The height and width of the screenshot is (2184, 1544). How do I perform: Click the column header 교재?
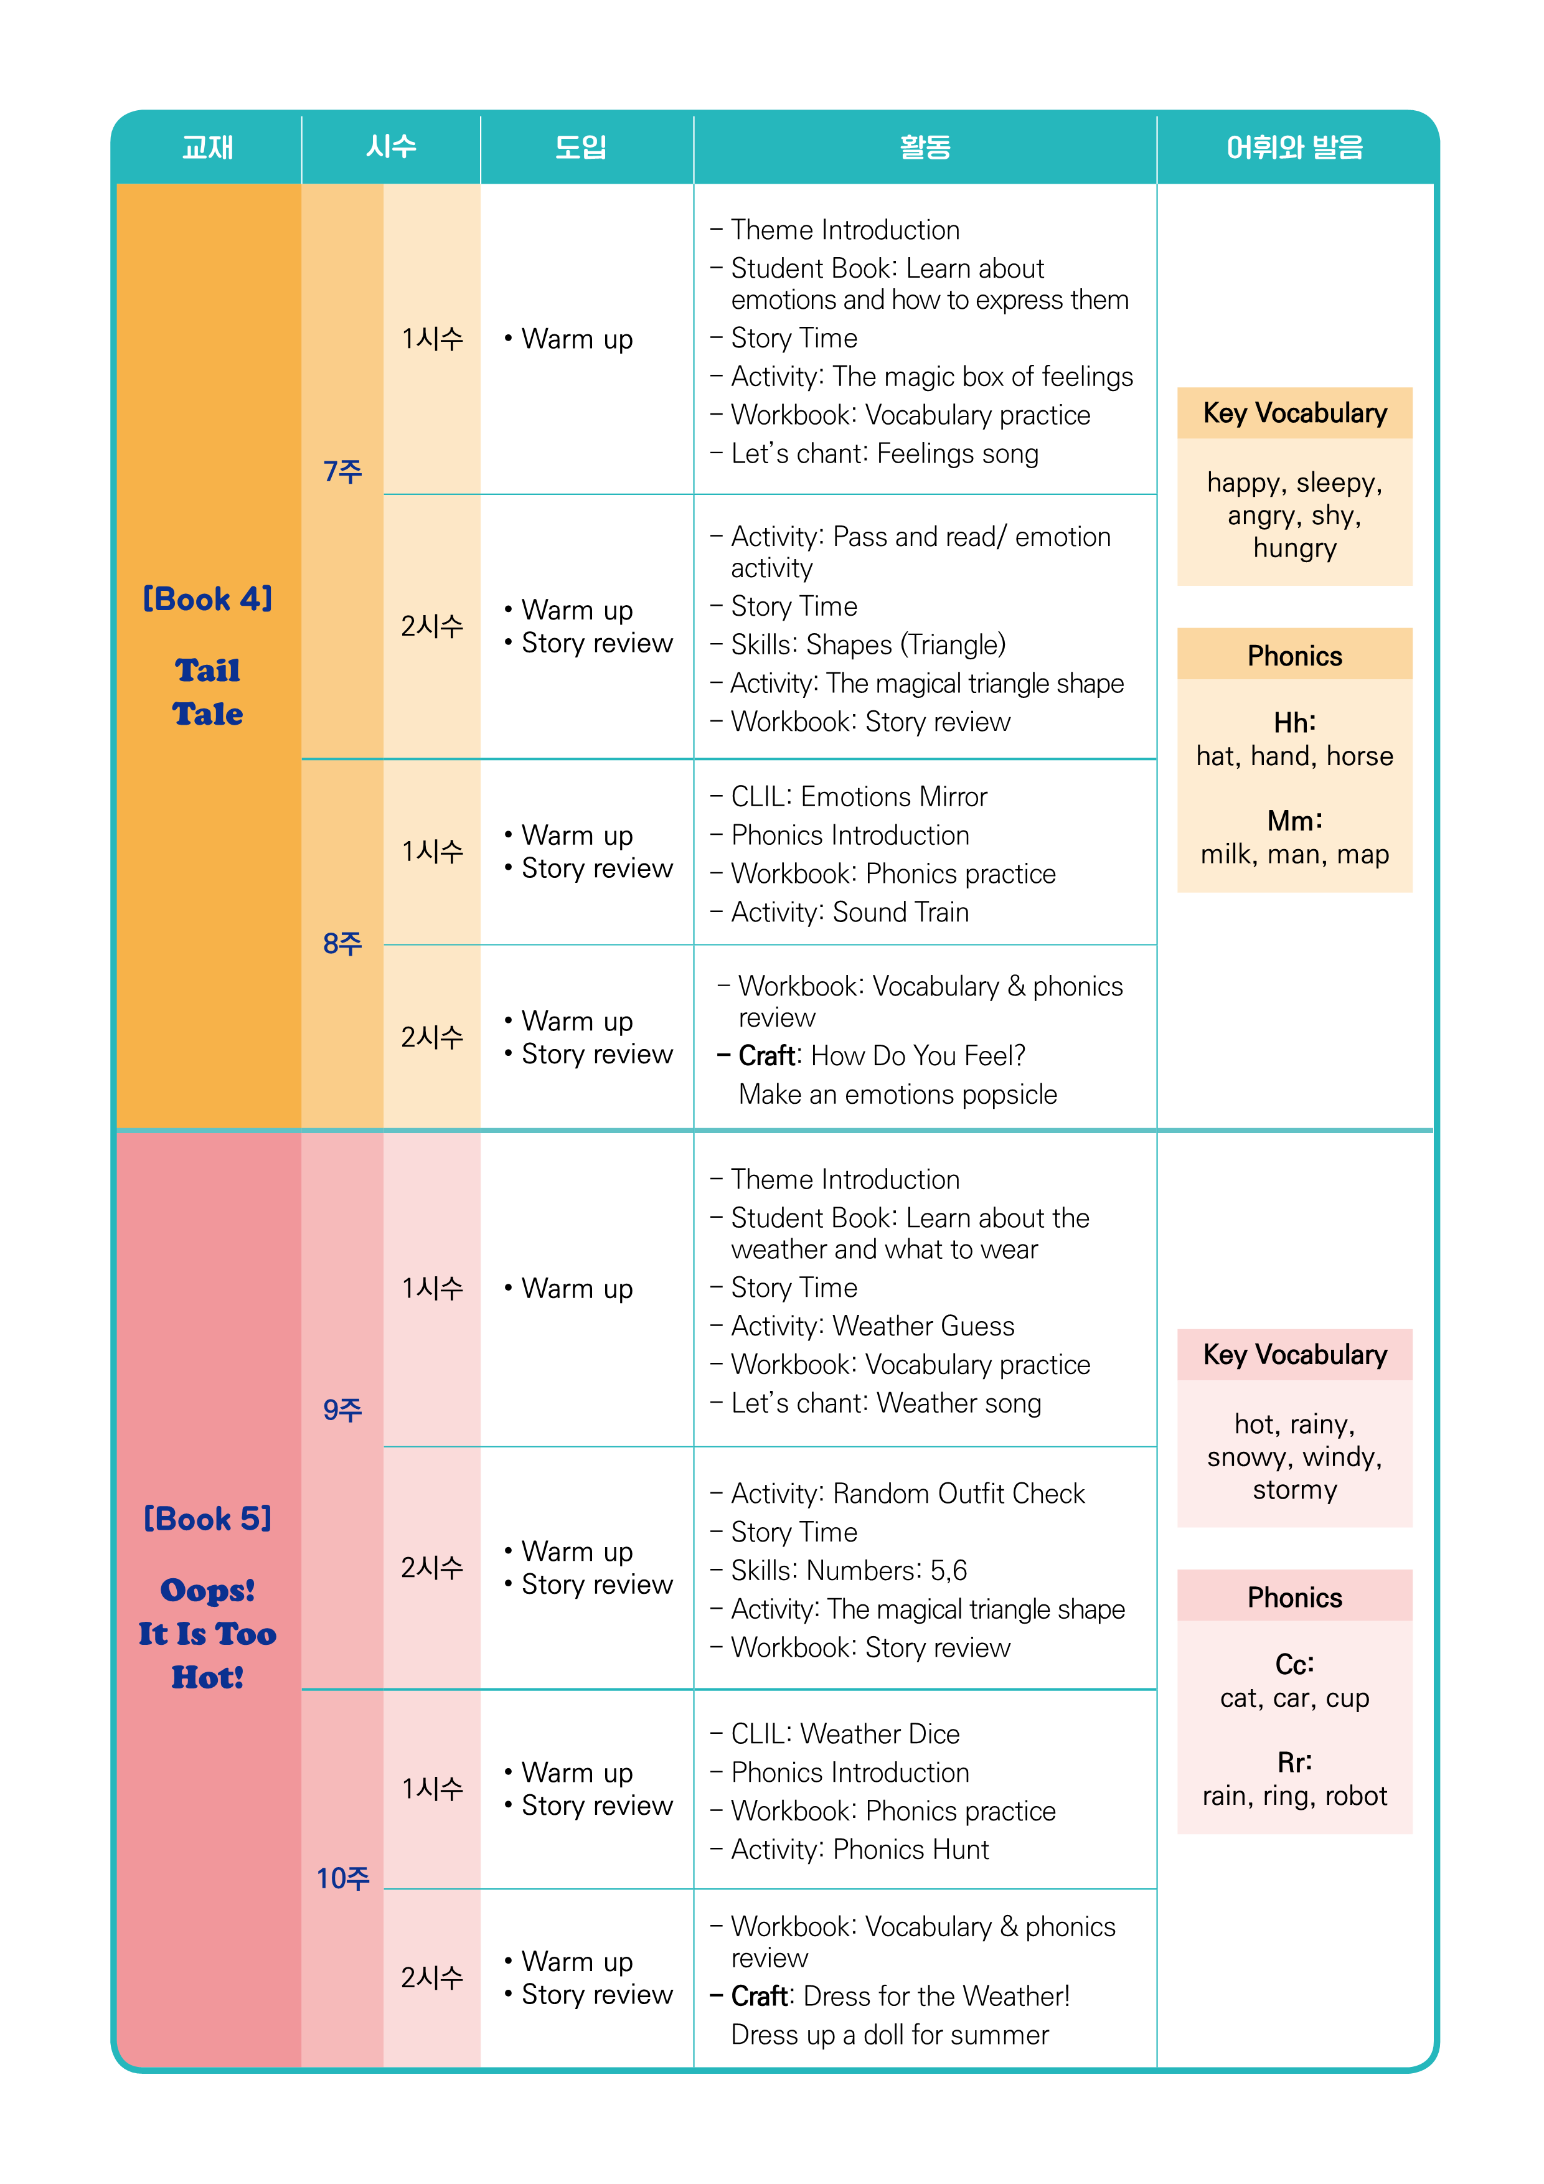click(207, 148)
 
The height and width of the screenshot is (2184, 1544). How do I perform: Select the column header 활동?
click(925, 148)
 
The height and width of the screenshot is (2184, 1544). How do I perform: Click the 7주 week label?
click(342, 472)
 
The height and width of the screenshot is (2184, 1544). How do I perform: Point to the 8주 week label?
click(342, 944)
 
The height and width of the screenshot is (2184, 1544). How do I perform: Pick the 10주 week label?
click(342, 1879)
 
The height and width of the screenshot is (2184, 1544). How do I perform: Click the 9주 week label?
click(342, 1410)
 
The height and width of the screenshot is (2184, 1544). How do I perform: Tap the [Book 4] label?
click(207, 600)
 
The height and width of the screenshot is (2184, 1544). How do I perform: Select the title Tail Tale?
click(207, 692)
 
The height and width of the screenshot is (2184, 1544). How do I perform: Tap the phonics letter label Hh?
click(1295, 723)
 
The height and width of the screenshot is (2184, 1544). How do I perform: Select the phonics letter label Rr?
click(1295, 1763)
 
